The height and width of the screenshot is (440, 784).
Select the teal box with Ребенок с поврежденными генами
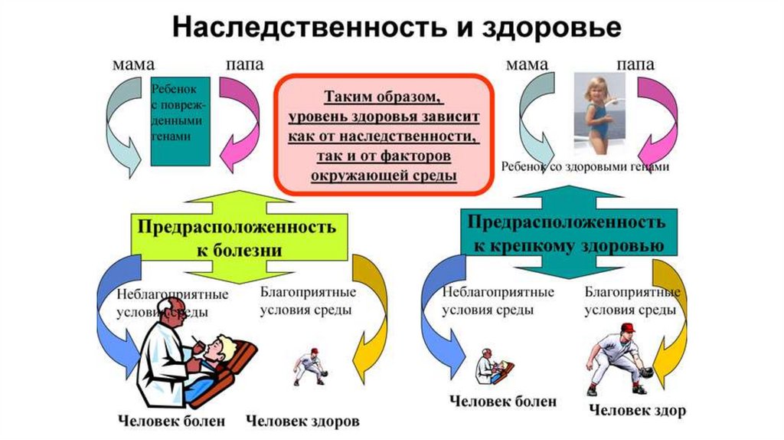tap(181, 121)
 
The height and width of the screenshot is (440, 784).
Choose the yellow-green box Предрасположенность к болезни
tap(237, 238)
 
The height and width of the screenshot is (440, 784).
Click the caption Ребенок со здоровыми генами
tap(586, 167)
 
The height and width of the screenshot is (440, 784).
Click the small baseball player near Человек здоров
tap(310, 366)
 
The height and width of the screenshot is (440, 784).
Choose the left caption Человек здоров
tap(302, 421)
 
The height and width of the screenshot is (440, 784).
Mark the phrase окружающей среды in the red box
tap(384, 176)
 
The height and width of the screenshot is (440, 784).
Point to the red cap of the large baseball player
tap(627, 327)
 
